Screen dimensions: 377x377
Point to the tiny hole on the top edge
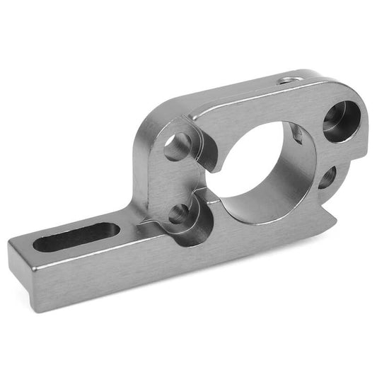pyautogui.click(x=286, y=81)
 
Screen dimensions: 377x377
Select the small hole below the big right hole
pyautogui.click(x=327, y=177)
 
